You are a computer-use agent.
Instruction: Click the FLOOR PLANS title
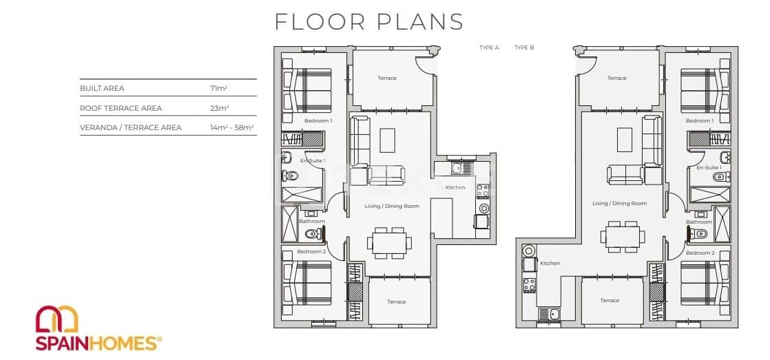(x=369, y=21)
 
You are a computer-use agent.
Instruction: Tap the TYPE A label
(x=488, y=48)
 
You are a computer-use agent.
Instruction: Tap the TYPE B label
(x=524, y=48)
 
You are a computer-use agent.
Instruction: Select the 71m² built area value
(x=220, y=89)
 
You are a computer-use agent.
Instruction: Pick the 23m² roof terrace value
(x=220, y=108)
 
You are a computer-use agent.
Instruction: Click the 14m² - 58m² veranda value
(x=232, y=127)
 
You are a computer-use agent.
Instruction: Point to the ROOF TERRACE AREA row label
(x=121, y=108)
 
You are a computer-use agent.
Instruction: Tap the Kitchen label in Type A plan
(x=455, y=187)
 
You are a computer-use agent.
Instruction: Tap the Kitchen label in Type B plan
(x=550, y=263)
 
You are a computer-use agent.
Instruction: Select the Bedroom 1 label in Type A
(x=318, y=120)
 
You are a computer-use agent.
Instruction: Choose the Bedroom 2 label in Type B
(x=700, y=253)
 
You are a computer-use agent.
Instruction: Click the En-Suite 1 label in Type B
(x=709, y=167)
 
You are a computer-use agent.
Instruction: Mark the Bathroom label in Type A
(x=311, y=221)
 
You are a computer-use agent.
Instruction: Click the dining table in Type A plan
(x=389, y=242)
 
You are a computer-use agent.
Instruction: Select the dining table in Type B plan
(x=623, y=236)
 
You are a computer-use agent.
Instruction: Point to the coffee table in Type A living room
(x=388, y=140)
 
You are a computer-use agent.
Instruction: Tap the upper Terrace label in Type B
(x=616, y=78)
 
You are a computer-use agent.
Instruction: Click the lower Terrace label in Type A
(x=396, y=301)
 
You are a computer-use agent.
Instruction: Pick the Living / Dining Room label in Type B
(x=619, y=203)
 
